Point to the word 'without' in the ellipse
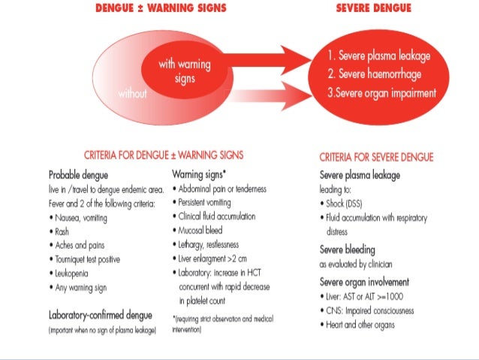point(134,95)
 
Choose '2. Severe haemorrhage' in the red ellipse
point(375,74)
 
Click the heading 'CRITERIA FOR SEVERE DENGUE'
point(376,158)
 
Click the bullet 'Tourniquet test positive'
point(98,259)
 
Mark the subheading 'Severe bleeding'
point(348,250)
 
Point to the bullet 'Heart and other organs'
point(361,325)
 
